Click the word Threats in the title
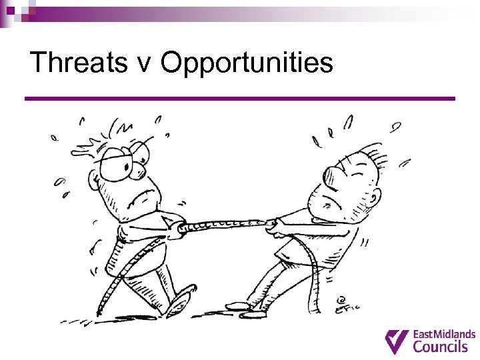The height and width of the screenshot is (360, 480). [x=79, y=63]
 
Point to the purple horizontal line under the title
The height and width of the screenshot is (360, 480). [x=240, y=99]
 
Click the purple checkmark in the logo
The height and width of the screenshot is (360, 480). [x=397, y=341]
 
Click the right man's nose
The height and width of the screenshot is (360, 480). [x=370, y=195]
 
